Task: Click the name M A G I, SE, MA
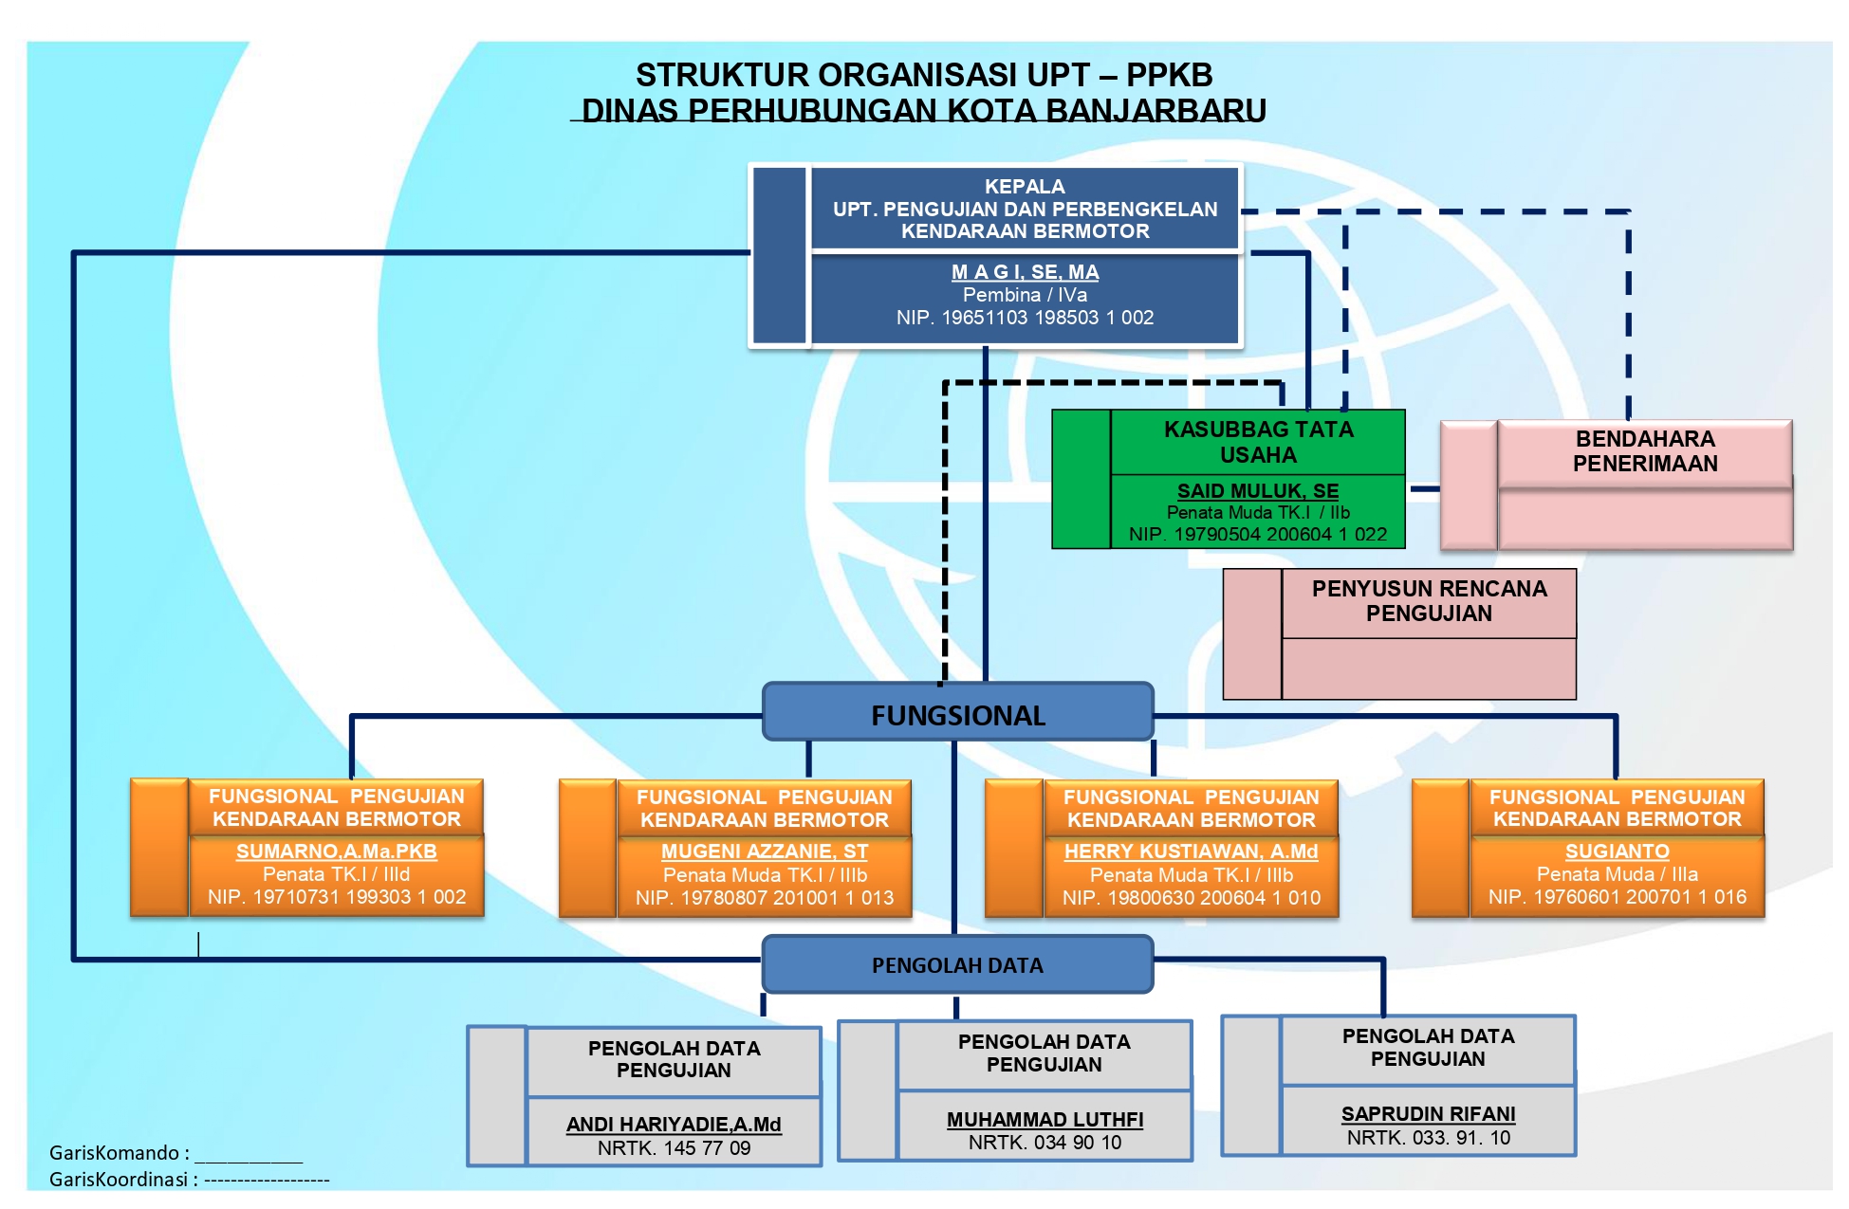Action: (x=1025, y=272)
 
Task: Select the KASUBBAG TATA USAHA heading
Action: (x=1258, y=442)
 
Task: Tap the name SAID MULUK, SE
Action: (x=1258, y=491)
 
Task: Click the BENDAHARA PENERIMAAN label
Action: (x=1645, y=451)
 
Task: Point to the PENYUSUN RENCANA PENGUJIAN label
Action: (x=1429, y=601)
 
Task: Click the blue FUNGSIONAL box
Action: (x=958, y=715)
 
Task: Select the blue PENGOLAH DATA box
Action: (x=957, y=965)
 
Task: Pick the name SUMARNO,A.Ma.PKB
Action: (x=337, y=852)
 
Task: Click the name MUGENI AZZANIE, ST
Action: (x=765, y=852)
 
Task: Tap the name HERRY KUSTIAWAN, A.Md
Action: (x=1192, y=852)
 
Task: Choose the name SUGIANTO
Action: (x=1617, y=852)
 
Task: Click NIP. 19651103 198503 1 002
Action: (x=1025, y=318)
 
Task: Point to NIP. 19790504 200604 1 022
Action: (x=1258, y=535)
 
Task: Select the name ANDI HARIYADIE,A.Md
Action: (x=674, y=1125)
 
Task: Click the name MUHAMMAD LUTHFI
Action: (x=1045, y=1120)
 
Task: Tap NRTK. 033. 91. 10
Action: (x=1428, y=1138)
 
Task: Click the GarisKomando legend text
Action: (x=119, y=1153)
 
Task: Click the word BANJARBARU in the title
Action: (x=1155, y=111)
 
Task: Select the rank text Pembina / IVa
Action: (x=1025, y=295)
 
